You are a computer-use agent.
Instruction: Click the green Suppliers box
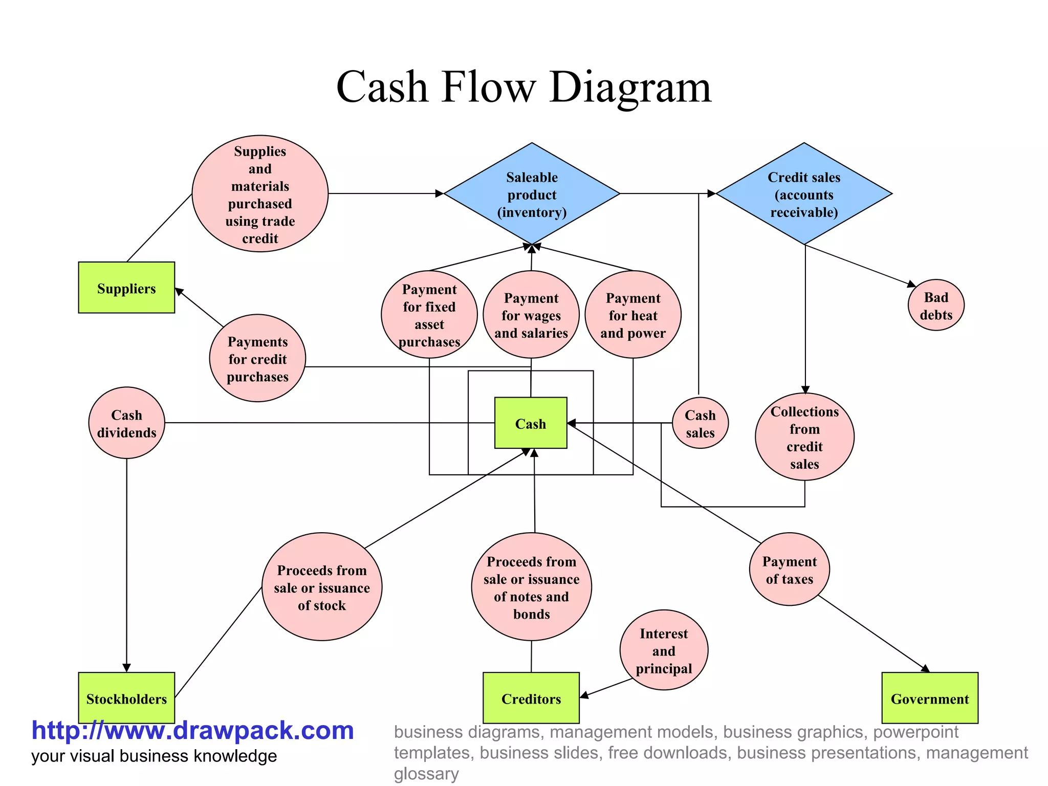[x=126, y=288]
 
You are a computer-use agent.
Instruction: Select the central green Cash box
[x=531, y=423]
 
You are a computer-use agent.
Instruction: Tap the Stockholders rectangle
[x=126, y=697]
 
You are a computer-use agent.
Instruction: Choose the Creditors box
[x=531, y=698]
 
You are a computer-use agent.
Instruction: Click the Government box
[x=930, y=698]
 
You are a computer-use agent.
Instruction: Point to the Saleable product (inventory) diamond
[x=532, y=194]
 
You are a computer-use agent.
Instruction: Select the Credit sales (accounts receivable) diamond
[x=804, y=194]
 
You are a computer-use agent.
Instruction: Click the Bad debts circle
[x=936, y=305]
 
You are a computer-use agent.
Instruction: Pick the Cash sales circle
[x=700, y=423]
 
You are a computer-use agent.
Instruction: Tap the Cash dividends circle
[x=126, y=423]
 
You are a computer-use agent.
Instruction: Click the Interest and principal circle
[x=664, y=650]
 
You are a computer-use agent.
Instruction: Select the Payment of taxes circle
[x=789, y=570]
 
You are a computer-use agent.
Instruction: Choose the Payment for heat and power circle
[x=633, y=315]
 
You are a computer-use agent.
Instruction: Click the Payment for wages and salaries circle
[x=531, y=315]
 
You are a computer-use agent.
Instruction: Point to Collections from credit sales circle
[x=804, y=437]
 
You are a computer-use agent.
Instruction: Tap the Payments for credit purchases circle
[x=257, y=359]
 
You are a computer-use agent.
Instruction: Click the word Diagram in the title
[x=630, y=87]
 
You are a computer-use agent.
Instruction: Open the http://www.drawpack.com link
[x=192, y=730]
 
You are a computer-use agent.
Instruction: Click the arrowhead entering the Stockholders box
[x=126, y=668]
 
